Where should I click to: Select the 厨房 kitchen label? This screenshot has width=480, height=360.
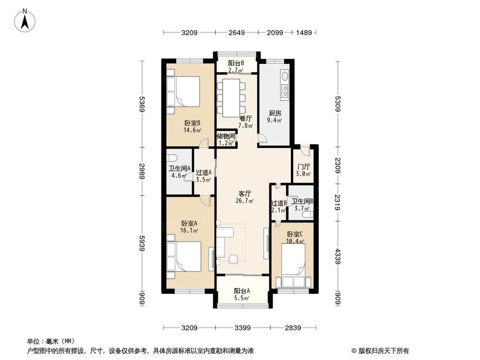(x=275, y=117)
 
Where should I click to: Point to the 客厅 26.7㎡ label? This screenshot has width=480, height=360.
(x=245, y=197)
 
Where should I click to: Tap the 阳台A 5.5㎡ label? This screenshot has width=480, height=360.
(x=241, y=294)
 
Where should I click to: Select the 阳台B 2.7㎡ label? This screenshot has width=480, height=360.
(x=236, y=66)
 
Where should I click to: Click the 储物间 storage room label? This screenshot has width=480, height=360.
(x=226, y=139)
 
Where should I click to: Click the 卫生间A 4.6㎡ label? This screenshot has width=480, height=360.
(x=179, y=172)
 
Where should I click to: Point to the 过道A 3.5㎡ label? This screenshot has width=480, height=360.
(x=204, y=176)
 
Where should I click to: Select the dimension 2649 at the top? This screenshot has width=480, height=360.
(x=237, y=33)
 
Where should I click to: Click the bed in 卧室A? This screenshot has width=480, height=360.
(x=183, y=257)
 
